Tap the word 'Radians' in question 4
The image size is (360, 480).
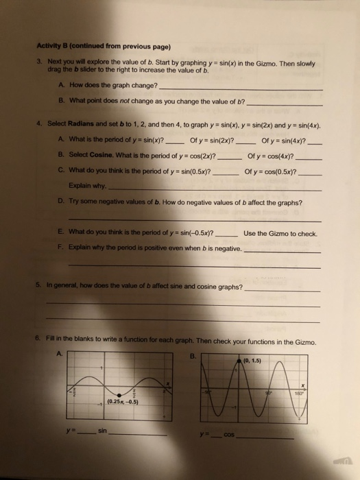(x=93, y=128)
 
